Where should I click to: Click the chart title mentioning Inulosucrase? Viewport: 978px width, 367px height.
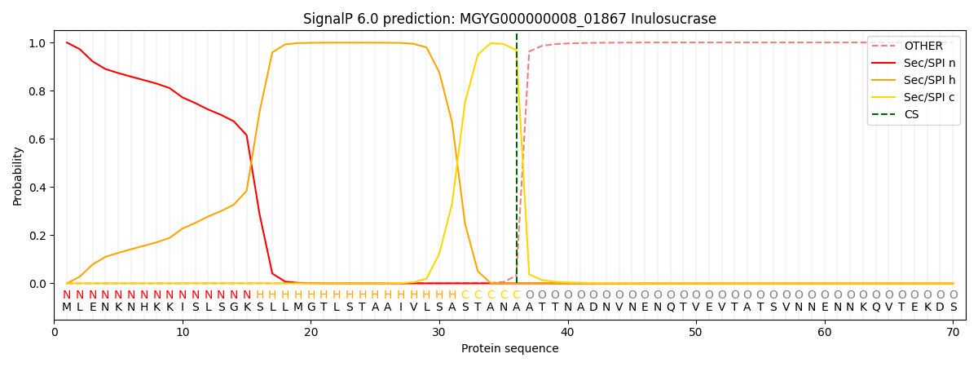pos(509,19)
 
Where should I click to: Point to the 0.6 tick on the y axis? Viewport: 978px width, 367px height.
pos(37,139)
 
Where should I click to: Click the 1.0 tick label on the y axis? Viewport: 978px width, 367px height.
pos(37,42)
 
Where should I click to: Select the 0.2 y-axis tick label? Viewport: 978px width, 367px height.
pos(37,236)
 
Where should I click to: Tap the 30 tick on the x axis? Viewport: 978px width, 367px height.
pos(439,332)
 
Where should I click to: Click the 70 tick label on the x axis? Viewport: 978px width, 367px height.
pos(953,332)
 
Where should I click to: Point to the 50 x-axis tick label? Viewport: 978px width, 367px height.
pos(696,332)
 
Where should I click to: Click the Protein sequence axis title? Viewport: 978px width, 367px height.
pos(509,348)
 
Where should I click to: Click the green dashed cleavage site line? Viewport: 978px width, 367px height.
pos(517,163)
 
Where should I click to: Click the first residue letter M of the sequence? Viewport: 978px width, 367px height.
pos(67,307)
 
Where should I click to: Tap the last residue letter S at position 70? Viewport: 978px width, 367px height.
pos(953,307)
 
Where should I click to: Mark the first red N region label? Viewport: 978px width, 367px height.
pos(67,295)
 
